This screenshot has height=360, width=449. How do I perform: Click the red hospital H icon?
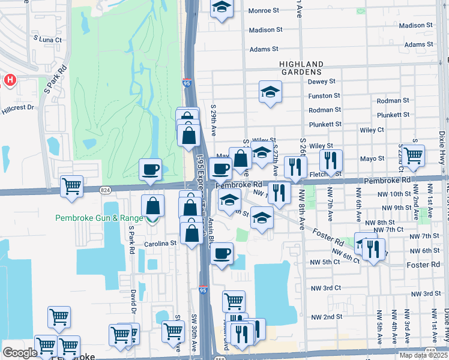tap(10, 79)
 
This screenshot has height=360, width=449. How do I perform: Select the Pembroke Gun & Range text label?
tap(98, 218)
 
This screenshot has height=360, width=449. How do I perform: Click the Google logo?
tap(20, 353)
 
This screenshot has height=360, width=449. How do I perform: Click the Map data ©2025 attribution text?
tap(423, 355)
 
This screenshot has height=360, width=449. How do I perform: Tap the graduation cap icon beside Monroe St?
tap(221, 7)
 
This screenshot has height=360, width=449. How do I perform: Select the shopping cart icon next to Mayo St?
tap(413, 155)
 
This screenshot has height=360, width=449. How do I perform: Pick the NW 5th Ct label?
tap(325, 262)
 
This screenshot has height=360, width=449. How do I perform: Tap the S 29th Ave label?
tap(212, 121)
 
